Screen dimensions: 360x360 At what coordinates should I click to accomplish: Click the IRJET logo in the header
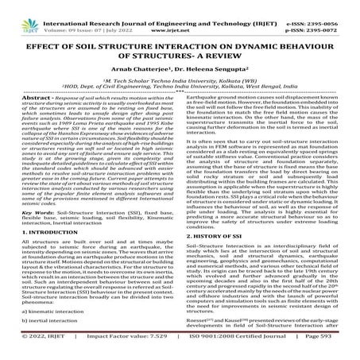[23, 12]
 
